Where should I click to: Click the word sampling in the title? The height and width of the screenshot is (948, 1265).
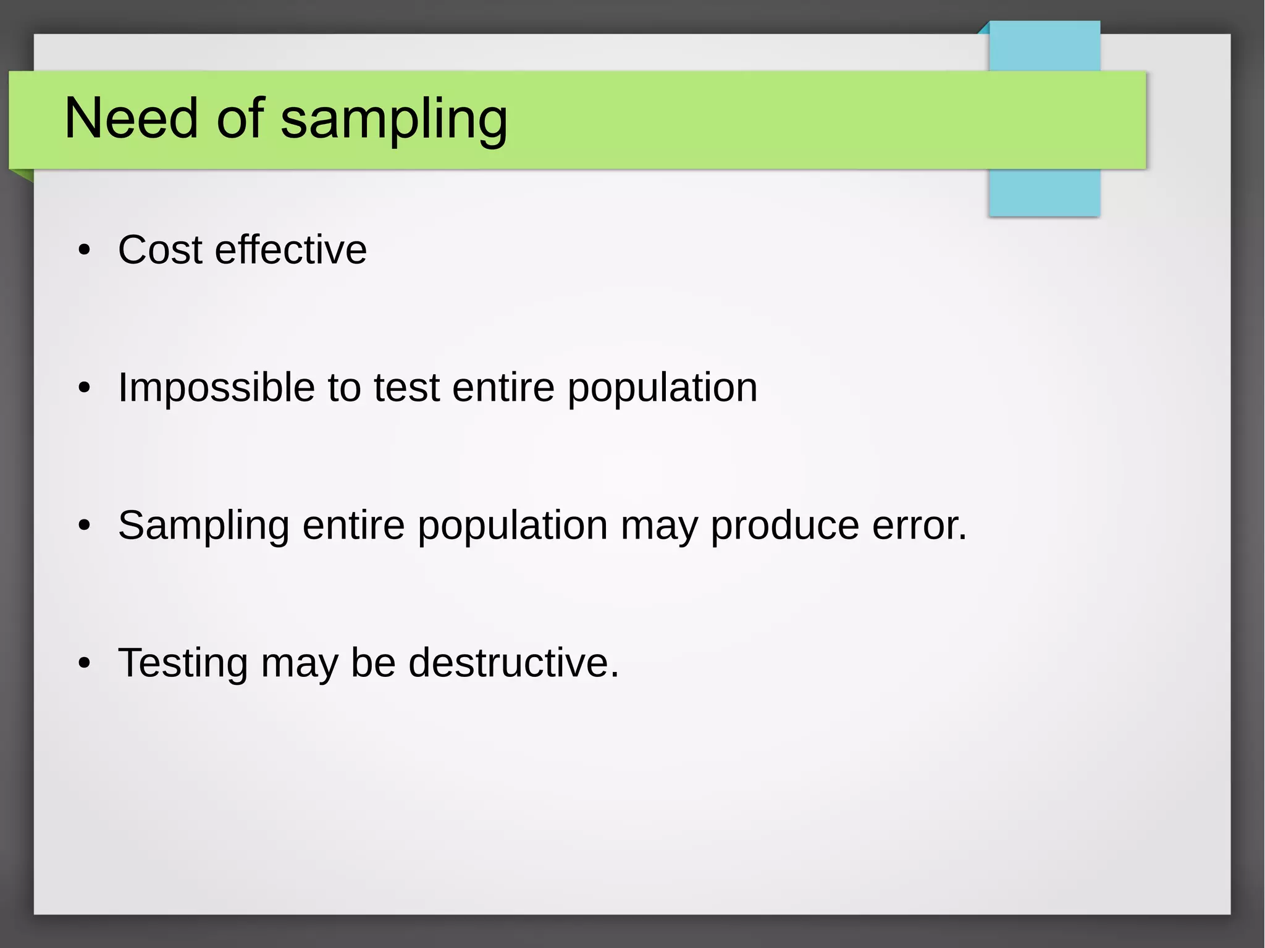393,120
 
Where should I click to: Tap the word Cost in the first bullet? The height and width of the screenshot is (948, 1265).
160,250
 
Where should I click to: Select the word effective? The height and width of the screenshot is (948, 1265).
290,250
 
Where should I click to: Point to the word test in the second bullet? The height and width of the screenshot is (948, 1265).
406,388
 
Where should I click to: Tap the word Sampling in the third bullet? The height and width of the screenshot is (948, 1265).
203,527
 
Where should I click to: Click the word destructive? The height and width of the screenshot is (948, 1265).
513,663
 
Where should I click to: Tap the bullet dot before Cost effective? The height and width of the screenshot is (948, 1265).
85,251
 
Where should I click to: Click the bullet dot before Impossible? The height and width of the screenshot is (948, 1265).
85,389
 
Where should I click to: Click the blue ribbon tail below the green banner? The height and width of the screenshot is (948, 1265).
1044,192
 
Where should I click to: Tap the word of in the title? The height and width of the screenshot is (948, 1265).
240,119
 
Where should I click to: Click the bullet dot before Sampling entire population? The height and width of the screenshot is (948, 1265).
85,527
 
